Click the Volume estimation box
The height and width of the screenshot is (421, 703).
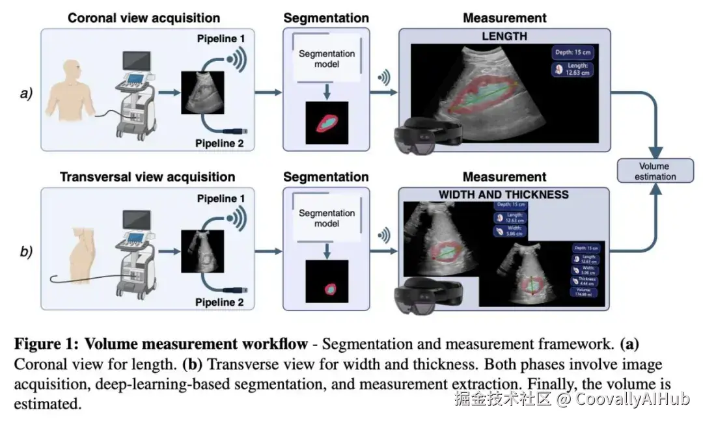point(653,171)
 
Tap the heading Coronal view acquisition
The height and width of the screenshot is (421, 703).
point(144,18)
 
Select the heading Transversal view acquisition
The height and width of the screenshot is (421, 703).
point(148,177)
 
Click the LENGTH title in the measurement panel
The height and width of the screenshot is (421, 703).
point(504,36)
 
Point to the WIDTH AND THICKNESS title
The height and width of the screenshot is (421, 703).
point(503,195)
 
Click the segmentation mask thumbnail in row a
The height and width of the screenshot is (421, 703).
point(327,122)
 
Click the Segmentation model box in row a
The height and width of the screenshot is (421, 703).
point(326,59)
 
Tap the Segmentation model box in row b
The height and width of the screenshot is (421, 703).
point(326,219)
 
